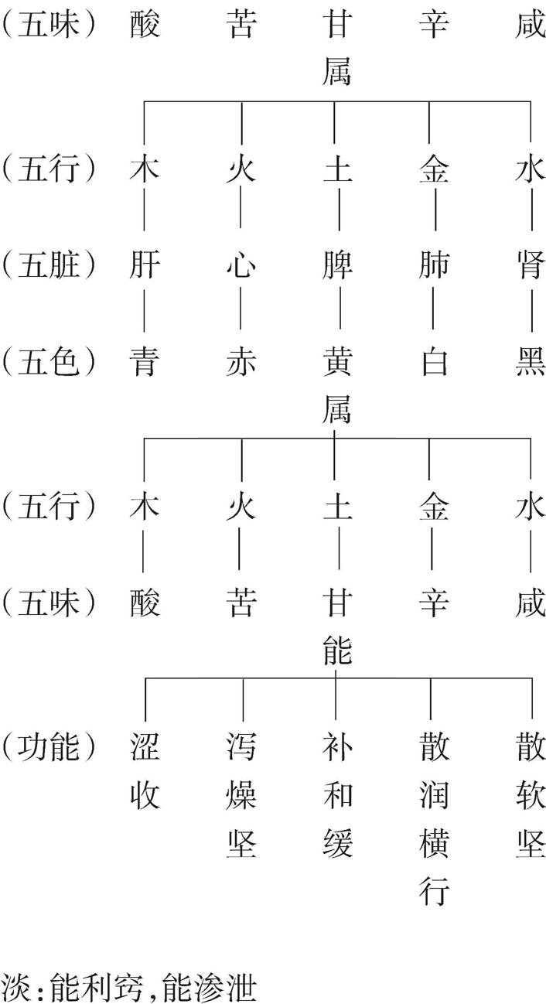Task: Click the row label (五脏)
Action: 49,265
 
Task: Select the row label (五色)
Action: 49,362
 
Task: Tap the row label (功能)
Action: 49,747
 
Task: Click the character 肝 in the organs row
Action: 145,265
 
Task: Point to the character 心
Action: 241,265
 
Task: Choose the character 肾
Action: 531,265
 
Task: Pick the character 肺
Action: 434,265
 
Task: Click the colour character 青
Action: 145,362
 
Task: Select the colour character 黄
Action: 337,362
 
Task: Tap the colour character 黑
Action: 531,362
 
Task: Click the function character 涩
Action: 145,747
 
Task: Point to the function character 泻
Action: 241,747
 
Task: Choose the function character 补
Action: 337,747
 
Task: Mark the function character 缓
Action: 337,844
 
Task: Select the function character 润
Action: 434,796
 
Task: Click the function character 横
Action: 434,844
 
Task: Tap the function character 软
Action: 531,796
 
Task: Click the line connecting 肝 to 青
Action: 145,311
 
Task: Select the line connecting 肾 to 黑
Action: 531,311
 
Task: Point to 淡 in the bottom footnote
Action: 15,988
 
